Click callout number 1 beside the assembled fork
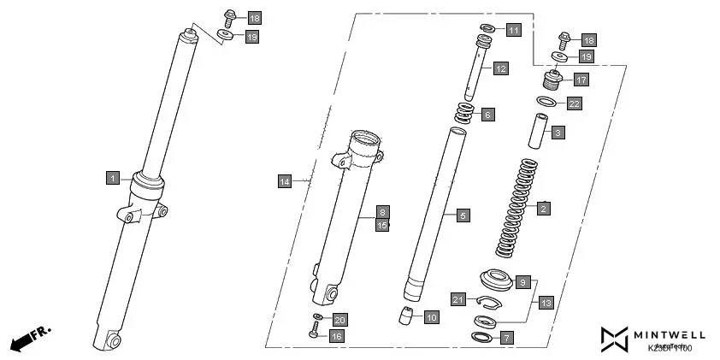pyautogui.click(x=113, y=178)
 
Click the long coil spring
pyautogui.click(x=518, y=208)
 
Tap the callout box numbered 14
pyautogui.click(x=285, y=181)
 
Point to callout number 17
pyautogui.click(x=581, y=80)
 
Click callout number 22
pyautogui.click(x=574, y=103)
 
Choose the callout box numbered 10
pyautogui.click(x=431, y=317)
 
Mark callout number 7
pyautogui.click(x=507, y=338)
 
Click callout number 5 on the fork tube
pyautogui.click(x=463, y=215)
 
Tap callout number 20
pyautogui.click(x=339, y=320)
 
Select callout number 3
pyautogui.click(x=557, y=133)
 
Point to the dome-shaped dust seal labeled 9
pyautogui.click(x=495, y=279)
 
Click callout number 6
pyautogui.click(x=487, y=114)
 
